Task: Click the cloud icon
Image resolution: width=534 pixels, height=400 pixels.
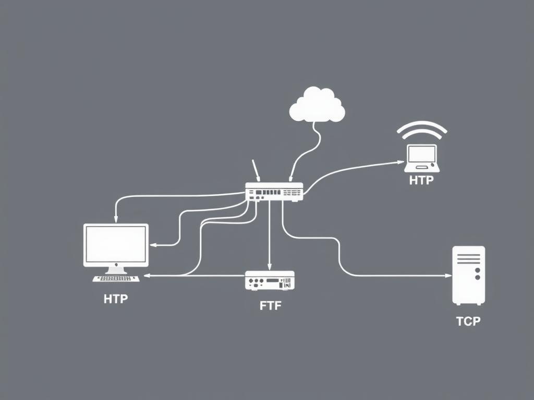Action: [317, 104]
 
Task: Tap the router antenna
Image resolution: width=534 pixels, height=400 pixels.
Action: [256, 170]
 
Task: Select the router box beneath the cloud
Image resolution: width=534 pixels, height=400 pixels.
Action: [274, 192]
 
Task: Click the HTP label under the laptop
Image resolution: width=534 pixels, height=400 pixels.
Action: [421, 180]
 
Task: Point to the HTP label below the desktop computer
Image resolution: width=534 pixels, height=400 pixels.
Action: [116, 299]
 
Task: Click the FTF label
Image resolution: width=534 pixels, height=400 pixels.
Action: [271, 306]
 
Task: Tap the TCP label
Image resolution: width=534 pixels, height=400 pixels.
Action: [468, 321]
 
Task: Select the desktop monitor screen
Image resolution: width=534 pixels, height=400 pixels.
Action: [116, 244]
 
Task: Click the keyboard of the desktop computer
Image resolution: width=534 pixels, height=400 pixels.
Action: [116, 279]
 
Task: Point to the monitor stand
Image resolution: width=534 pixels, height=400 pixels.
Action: [116, 270]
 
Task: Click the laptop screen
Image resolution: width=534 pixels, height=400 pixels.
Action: [422, 154]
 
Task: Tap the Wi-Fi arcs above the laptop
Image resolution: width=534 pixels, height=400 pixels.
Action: [422, 130]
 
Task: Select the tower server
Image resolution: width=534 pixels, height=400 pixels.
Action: [469, 276]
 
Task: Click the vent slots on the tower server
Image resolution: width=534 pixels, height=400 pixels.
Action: [468, 259]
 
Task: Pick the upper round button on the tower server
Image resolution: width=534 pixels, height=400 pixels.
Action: [478, 270]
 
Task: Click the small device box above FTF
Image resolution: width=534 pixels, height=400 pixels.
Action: [270, 280]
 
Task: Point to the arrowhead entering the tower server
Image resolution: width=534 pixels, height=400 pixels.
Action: [449, 276]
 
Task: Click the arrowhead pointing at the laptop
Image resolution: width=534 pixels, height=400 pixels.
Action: [401, 162]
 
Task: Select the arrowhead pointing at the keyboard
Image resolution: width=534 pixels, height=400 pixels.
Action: [147, 276]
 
